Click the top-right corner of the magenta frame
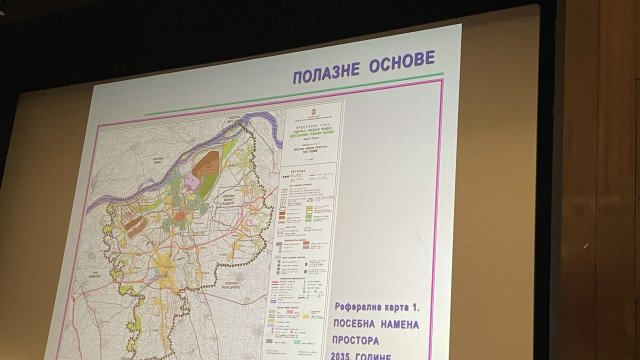442,81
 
